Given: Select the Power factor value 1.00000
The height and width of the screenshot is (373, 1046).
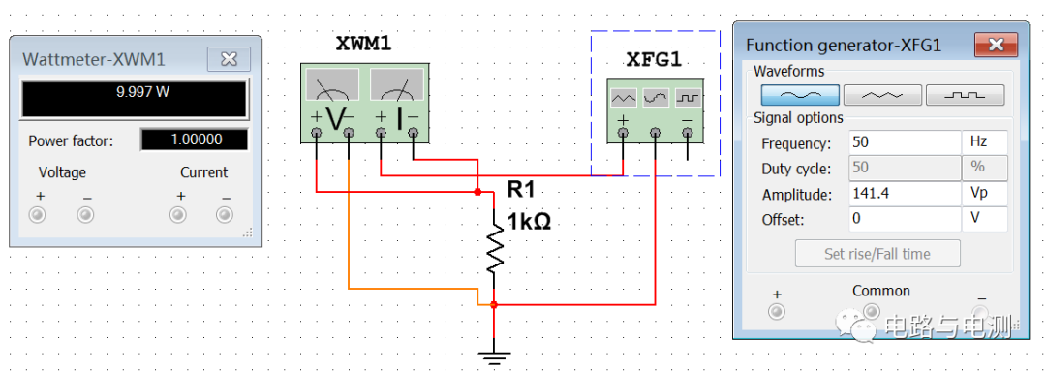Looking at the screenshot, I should [x=195, y=140].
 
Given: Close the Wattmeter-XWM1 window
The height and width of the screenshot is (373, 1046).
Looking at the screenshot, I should [x=229, y=60].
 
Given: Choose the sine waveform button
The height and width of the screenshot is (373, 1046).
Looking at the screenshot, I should [x=799, y=94].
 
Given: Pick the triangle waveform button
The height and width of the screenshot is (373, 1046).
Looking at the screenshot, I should [x=881, y=94].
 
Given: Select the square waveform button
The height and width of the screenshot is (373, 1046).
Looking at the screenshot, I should [x=965, y=94].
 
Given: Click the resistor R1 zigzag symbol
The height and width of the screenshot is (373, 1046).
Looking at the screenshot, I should [x=495, y=248].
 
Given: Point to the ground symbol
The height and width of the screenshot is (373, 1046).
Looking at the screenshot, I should [x=495, y=357].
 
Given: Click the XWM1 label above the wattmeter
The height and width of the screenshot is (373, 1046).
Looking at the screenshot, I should [x=362, y=45].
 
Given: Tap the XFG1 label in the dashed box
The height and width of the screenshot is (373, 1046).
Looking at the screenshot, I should [x=654, y=59].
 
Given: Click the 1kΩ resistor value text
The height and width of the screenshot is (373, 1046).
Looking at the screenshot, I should [x=529, y=220].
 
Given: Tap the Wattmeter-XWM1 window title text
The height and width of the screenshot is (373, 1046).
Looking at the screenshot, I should [x=94, y=60].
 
